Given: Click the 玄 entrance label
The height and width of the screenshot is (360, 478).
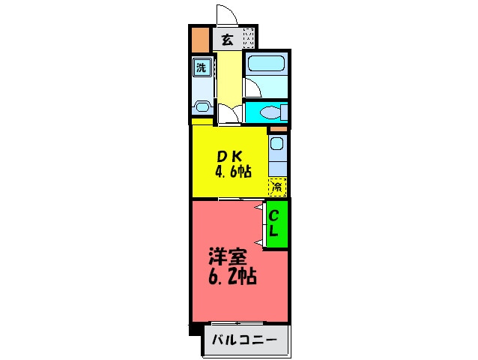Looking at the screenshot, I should [226, 40].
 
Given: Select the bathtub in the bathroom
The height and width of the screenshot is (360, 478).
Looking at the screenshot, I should [264, 65].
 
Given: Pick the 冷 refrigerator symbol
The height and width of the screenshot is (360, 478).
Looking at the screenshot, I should [277, 184].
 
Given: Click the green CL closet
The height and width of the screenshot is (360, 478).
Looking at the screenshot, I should [276, 223].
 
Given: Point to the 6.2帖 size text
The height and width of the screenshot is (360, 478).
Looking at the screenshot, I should [232, 276].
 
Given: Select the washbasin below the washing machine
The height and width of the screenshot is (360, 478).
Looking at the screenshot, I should [202, 105].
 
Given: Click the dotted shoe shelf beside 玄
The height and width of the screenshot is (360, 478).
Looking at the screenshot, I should [249, 38].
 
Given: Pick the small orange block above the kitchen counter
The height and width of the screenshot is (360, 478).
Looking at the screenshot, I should [277, 130].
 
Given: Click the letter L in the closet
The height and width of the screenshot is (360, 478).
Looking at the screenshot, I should [274, 231].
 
